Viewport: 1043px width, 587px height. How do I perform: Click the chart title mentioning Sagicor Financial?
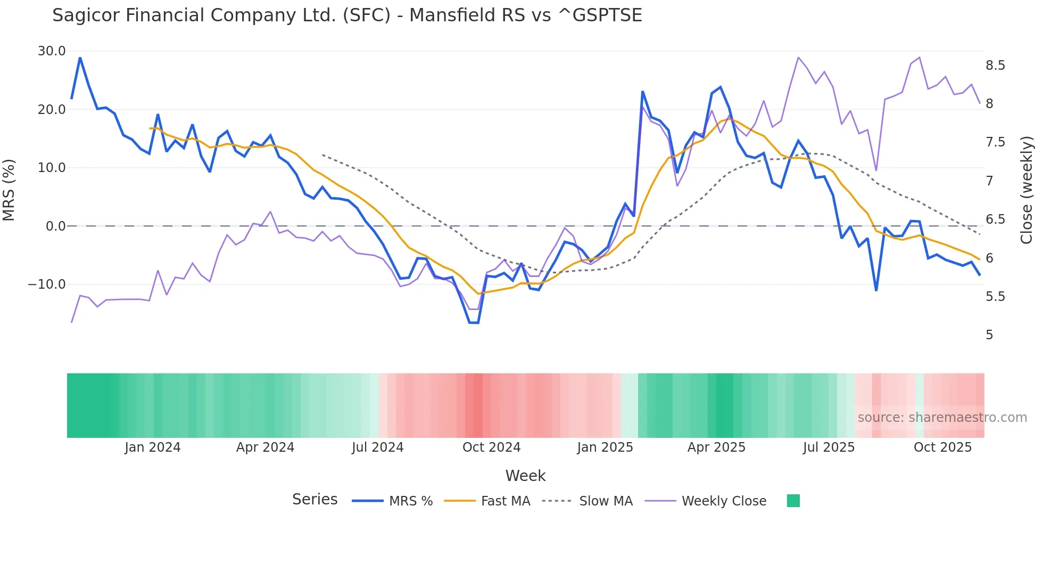coord(347,15)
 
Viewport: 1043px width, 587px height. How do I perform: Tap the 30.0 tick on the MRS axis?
coord(52,51)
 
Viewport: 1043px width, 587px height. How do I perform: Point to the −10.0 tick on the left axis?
coord(47,284)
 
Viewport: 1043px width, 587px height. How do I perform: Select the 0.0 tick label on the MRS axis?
coord(56,226)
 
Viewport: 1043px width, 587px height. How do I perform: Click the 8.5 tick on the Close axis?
coord(995,66)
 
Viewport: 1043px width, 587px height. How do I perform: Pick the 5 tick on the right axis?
coord(989,335)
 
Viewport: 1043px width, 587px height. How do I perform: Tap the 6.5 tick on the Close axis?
coord(995,219)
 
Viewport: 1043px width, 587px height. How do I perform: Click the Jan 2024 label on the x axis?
coord(153,447)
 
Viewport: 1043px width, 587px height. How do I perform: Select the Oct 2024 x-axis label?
coord(491,447)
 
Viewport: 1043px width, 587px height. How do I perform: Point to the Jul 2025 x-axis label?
coord(829,447)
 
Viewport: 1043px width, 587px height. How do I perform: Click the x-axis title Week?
coord(525,476)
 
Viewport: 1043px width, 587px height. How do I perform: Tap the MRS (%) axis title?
coord(9,190)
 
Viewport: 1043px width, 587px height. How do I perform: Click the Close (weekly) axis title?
coord(1027,190)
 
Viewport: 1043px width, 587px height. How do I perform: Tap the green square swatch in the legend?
coord(793,501)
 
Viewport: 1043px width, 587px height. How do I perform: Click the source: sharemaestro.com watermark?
coord(942,418)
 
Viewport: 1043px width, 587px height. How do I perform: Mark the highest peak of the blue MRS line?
coord(80,58)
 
